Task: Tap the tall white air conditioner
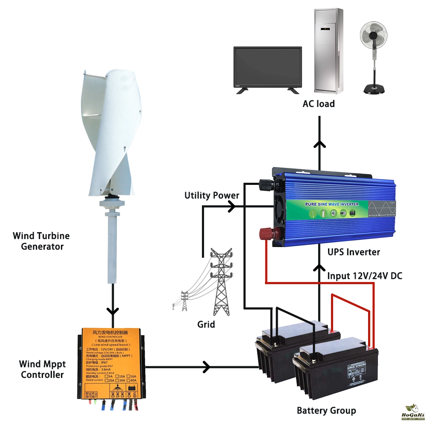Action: [328, 50]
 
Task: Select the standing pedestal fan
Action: [375, 55]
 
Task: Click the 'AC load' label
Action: [319, 104]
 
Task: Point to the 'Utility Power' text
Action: [212, 196]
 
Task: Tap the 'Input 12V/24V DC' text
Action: [365, 276]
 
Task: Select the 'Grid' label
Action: [206, 324]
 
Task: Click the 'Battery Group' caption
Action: [326, 411]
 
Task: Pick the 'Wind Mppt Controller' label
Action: [42, 369]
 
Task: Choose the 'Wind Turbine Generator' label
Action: [41, 241]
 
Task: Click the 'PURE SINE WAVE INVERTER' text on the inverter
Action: [332, 204]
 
